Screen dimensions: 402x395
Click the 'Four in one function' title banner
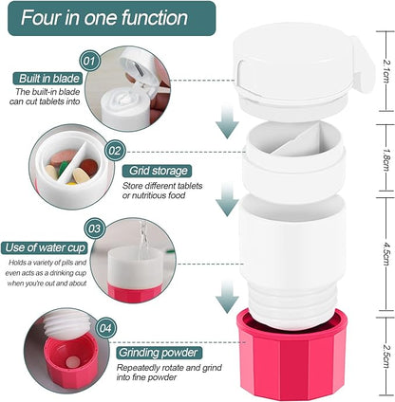[104, 17]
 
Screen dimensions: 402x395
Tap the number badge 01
[90, 62]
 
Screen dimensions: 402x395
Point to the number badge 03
[94, 228]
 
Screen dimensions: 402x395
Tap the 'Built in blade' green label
[47, 79]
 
